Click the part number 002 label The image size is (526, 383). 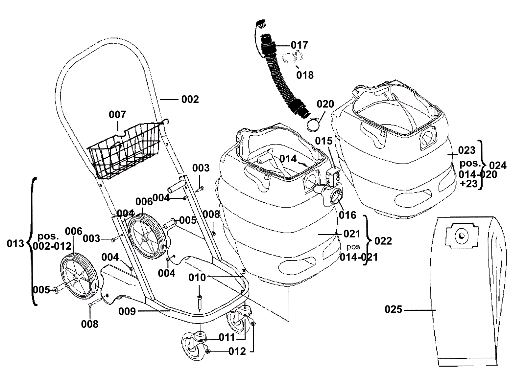190,99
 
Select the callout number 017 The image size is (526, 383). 299,45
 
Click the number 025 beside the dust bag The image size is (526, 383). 393,309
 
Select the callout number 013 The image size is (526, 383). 15,244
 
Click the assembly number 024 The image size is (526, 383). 498,166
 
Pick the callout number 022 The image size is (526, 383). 383,241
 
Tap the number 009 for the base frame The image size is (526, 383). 127,311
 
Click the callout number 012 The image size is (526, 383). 237,351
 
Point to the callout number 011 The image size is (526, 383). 227,337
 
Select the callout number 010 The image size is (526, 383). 197,278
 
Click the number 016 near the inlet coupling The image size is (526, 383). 347,215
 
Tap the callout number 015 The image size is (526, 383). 323,141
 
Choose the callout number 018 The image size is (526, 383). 305,75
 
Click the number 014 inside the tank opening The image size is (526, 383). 288,159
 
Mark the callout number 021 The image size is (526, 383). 352,234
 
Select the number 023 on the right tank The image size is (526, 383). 467,150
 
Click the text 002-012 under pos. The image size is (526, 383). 52,246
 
